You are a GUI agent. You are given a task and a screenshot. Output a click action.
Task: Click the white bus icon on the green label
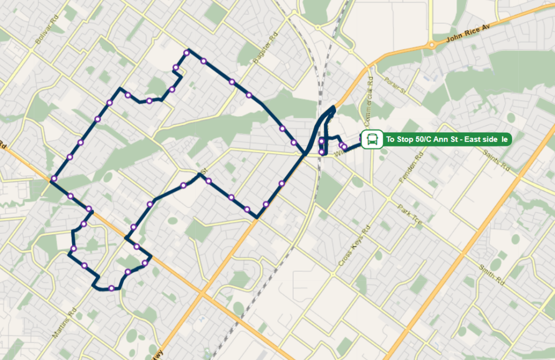372,139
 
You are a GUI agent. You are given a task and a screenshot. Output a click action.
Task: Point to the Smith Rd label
492,275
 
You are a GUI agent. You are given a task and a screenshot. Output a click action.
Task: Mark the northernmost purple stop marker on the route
186,53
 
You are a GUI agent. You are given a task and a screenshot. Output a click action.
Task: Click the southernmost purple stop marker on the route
111,288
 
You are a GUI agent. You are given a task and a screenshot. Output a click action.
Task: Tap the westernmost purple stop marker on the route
54,179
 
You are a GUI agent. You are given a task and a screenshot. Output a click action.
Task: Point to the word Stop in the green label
397,139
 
